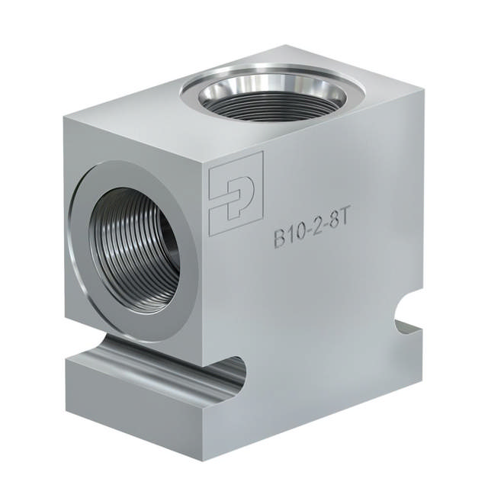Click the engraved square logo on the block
[236, 191]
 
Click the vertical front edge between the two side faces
[203, 305]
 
